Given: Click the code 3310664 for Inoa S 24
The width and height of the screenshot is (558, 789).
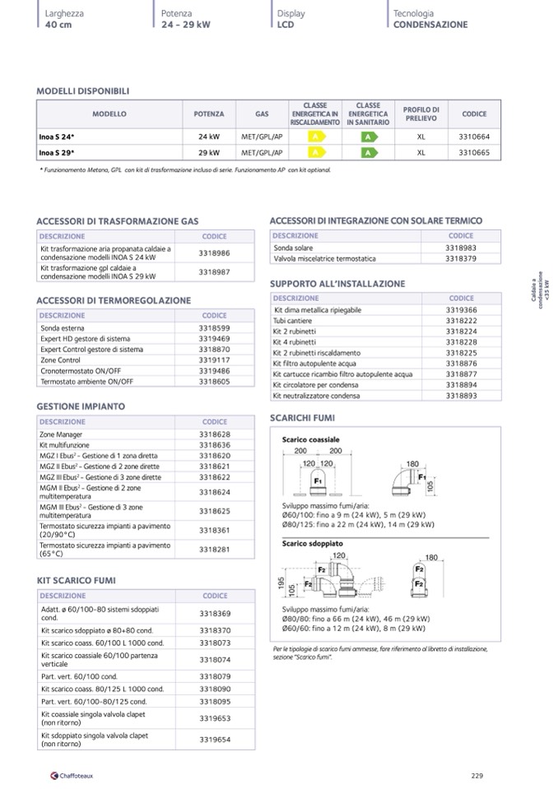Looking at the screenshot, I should pyautogui.click(x=473, y=137).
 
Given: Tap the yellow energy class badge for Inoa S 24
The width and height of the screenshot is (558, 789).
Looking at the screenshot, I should pyautogui.click(x=314, y=137).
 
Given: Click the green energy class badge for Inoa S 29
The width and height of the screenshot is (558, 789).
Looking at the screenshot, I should pyautogui.click(x=368, y=152).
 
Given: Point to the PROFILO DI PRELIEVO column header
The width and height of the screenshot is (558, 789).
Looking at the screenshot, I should pyautogui.click(x=421, y=114).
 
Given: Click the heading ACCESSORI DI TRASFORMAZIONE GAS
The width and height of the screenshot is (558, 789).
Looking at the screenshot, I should pyautogui.click(x=118, y=222).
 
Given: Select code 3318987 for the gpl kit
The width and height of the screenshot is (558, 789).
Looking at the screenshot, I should pyautogui.click(x=214, y=272).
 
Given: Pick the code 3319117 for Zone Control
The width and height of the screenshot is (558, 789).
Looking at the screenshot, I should pyautogui.click(x=214, y=360).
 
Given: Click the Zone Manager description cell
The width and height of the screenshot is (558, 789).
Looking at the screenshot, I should pyautogui.click(x=61, y=434).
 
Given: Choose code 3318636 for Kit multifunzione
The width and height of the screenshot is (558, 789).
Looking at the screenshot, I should pyautogui.click(x=214, y=445).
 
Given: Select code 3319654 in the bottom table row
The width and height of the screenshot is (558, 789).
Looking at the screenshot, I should pyautogui.click(x=214, y=740).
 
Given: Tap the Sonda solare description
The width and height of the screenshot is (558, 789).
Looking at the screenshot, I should pyautogui.click(x=294, y=248).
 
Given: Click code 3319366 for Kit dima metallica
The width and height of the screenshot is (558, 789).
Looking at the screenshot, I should pyautogui.click(x=461, y=310).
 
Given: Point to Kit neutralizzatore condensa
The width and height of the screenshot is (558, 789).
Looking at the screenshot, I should pyautogui.click(x=316, y=396).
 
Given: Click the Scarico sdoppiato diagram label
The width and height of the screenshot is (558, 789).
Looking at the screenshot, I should pyautogui.click(x=313, y=544).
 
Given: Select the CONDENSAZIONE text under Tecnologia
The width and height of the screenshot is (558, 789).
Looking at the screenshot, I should pyautogui.click(x=430, y=25).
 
